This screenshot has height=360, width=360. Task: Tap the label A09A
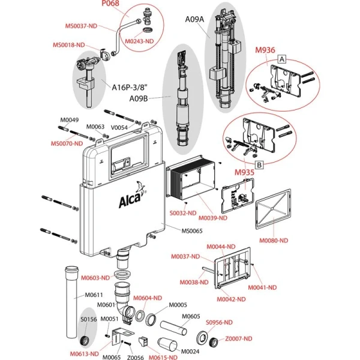click(194, 19)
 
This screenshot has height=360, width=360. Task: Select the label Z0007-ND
click(257, 339)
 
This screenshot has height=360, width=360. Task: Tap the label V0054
click(121, 127)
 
